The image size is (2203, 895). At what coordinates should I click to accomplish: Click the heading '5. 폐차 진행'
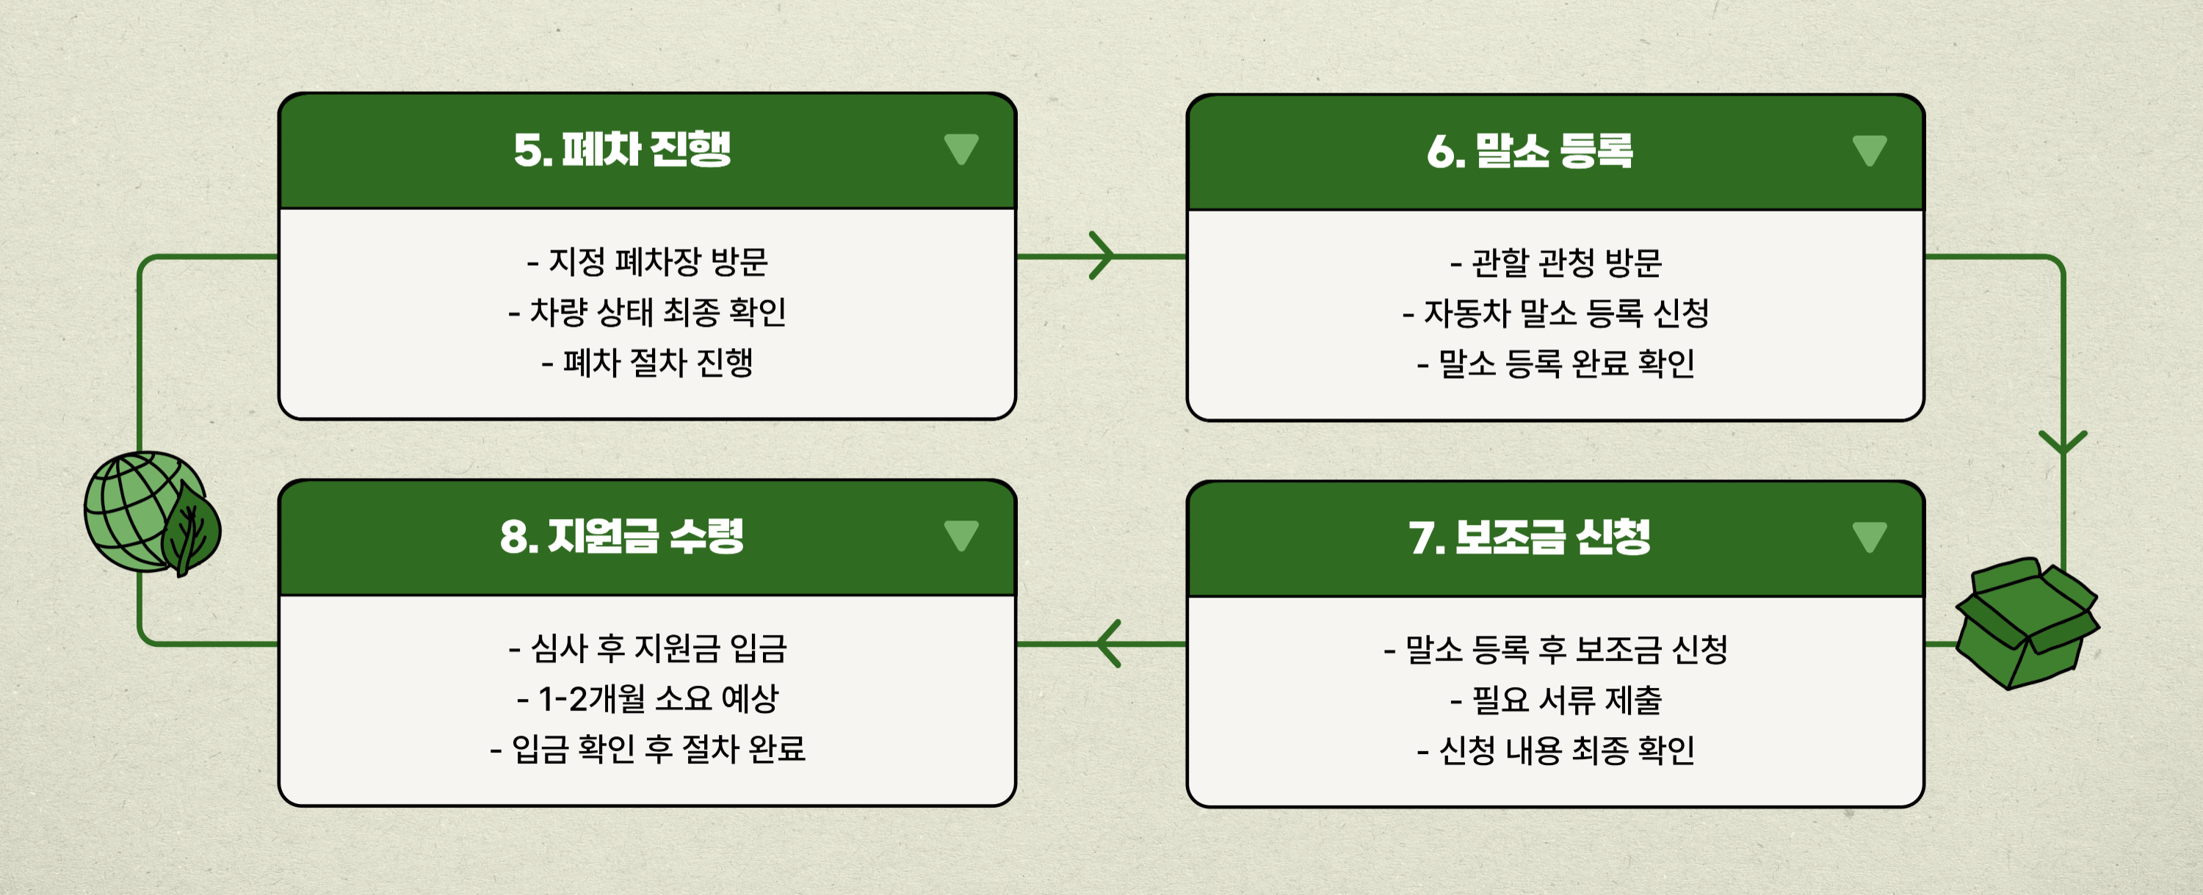tap(622, 151)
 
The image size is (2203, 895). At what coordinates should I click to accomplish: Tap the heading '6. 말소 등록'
tap(1529, 151)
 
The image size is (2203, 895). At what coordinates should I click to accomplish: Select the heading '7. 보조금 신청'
tap(1529, 537)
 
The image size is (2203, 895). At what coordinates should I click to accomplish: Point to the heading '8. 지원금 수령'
tap(622, 537)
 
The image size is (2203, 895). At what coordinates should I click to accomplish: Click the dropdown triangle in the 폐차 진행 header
tap(961, 149)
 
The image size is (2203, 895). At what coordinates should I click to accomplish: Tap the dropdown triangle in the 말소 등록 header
tap(1870, 151)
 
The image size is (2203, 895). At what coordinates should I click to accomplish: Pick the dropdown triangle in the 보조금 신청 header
tap(1870, 537)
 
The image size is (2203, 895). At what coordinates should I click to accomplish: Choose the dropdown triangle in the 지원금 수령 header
tap(961, 535)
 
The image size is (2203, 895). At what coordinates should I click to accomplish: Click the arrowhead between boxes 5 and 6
tap(1102, 255)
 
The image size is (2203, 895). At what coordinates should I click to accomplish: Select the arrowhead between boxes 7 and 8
tap(1107, 643)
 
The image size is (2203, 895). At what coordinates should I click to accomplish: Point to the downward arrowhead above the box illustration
tap(2063, 442)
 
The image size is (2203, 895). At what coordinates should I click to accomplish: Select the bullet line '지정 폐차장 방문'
tap(648, 261)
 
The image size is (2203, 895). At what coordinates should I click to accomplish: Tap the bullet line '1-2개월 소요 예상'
tap(648, 698)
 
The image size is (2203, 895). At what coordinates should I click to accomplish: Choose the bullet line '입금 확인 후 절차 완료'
tap(648, 749)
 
